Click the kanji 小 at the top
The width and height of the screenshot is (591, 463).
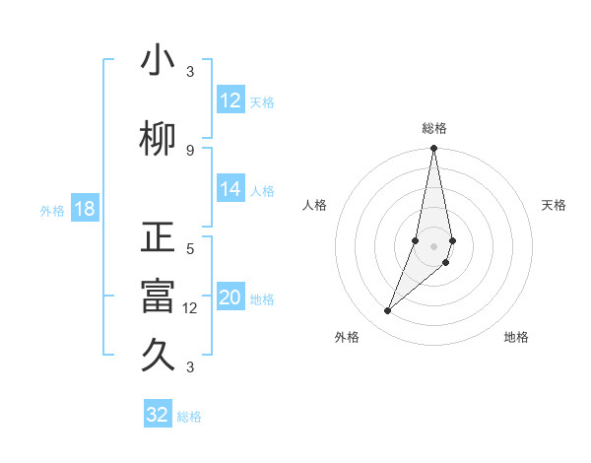click(159, 61)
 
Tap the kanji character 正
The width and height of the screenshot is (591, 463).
click(159, 238)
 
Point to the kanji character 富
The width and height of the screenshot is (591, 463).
click(159, 298)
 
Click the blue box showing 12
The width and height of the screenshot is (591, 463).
click(230, 100)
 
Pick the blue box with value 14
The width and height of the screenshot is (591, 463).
click(230, 190)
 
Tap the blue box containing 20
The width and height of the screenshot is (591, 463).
click(230, 298)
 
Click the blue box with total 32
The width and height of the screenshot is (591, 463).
click(158, 415)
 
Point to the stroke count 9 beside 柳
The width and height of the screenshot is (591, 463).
click(190, 150)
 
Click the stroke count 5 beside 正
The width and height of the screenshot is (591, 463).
click(190, 248)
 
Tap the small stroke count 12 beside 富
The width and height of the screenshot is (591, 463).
click(190, 307)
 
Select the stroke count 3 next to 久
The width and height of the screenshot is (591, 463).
click(190, 367)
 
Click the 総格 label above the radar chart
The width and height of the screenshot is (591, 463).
click(434, 128)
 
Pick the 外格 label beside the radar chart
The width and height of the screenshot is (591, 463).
click(347, 337)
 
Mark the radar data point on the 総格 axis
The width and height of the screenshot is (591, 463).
click(433, 149)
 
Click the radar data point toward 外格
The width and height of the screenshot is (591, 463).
click(388, 311)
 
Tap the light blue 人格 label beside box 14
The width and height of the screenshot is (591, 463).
click(262, 191)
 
